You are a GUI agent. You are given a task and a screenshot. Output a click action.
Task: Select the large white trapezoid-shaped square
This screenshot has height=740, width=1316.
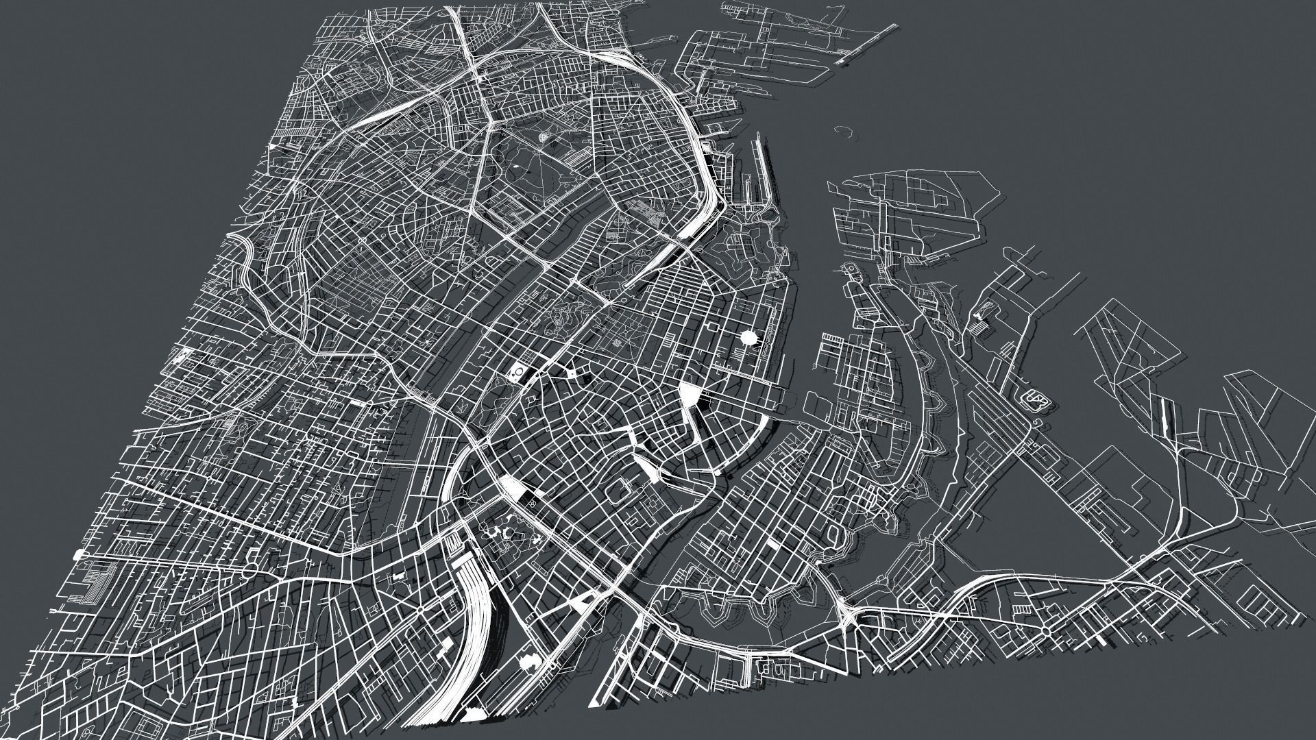click(x=690, y=393)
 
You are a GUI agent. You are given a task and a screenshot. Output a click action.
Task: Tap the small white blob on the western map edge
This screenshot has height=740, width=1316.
click(x=82, y=554)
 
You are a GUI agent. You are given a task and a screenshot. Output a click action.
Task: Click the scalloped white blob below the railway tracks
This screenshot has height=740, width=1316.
click(x=529, y=661)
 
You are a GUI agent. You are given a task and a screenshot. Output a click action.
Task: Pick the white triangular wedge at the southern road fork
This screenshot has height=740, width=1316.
click(x=581, y=603)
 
